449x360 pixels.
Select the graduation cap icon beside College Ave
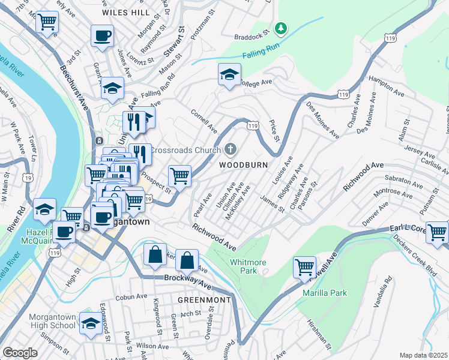click(x=228, y=74)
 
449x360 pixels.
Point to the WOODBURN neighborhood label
click(x=243, y=164)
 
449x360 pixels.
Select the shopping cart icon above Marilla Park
click(x=304, y=266)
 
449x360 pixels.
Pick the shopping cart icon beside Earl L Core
click(x=438, y=231)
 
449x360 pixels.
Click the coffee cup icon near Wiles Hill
click(x=102, y=35)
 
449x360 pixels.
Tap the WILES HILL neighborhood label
click(x=126, y=12)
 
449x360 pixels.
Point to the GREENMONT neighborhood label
click(x=204, y=299)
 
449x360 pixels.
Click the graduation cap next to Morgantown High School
click(x=90, y=323)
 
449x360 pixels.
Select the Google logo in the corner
click(x=20, y=353)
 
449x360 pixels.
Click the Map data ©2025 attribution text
click(x=423, y=355)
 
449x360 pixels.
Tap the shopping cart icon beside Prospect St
click(x=179, y=176)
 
